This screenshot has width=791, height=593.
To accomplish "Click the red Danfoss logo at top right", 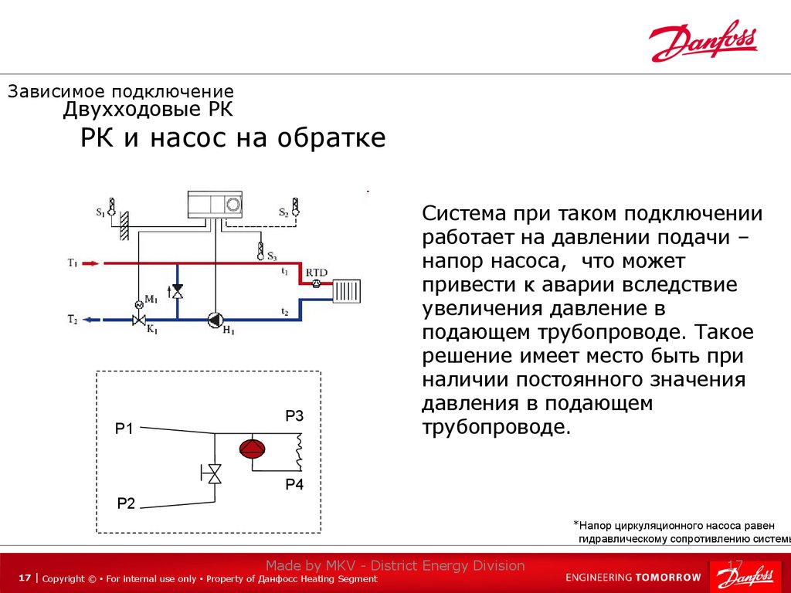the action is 704,42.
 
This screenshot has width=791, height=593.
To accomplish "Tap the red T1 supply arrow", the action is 90,263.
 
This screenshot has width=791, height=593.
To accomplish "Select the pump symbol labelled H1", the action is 214,319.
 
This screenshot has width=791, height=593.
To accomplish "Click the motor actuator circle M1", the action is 139,304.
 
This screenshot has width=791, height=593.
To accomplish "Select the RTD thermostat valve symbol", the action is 316,283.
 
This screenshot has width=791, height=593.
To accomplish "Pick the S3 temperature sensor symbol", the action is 260,251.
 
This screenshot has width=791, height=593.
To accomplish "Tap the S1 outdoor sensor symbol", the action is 111,207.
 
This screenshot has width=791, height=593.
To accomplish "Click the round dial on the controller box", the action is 233,205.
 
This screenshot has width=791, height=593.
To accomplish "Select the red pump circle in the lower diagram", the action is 251,449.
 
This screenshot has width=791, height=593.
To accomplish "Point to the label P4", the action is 294,485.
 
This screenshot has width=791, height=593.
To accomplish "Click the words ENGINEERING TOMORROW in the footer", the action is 633,577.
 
